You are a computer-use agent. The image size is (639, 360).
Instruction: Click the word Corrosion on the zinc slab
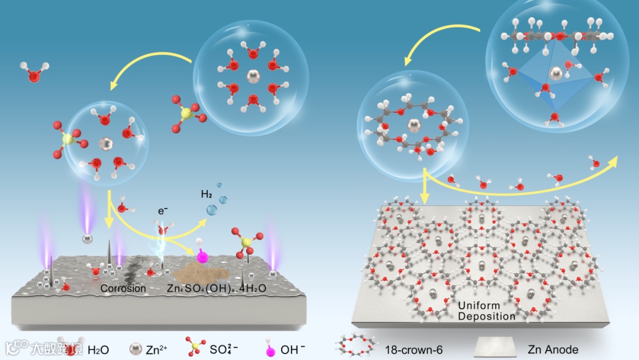coord(123,288)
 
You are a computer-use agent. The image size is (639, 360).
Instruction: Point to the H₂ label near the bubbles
coord(206,194)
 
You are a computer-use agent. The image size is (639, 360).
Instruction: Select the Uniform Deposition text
coord(486,311)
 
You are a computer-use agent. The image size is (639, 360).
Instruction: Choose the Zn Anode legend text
coord(553,349)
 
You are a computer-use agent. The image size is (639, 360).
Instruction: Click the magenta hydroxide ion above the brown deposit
coord(202,258)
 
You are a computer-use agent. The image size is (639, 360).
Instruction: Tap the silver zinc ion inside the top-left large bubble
coord(252,77)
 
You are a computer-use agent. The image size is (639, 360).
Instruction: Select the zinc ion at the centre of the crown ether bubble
coord(412,126)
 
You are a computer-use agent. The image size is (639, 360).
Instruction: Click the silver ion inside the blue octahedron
coord(555,73)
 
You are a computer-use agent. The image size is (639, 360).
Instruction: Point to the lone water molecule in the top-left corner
coord(34,75)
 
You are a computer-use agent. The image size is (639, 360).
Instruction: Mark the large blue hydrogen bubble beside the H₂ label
coord(211,209)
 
